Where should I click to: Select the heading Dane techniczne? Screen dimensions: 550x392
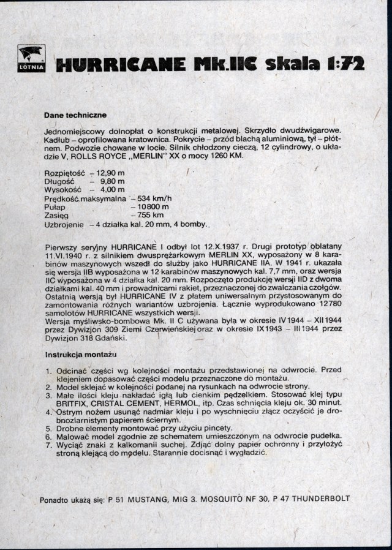click(75, 115)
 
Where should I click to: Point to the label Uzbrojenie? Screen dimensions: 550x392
click(64, 224)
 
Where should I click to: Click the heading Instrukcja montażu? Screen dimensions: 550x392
click(81, 355)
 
